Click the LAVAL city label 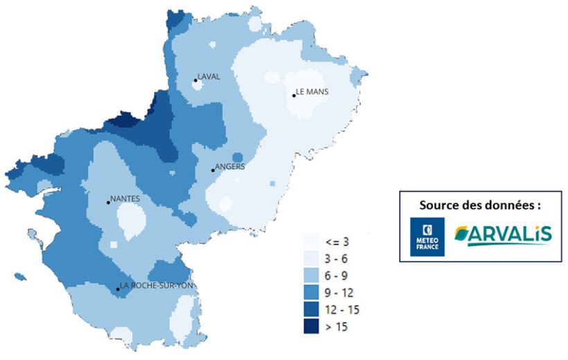pos(209,77)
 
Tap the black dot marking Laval pos(195,80)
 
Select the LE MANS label pos(312,91)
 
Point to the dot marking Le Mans pos(294,96)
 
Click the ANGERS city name pos(230,166)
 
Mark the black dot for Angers pos(213,170)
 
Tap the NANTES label pos(125,199)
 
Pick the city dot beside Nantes pos(108,202)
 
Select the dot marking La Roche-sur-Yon pos(117,289)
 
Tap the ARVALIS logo pos(504,235)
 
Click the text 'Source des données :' pos(479,206)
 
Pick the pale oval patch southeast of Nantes pos(131,221)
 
